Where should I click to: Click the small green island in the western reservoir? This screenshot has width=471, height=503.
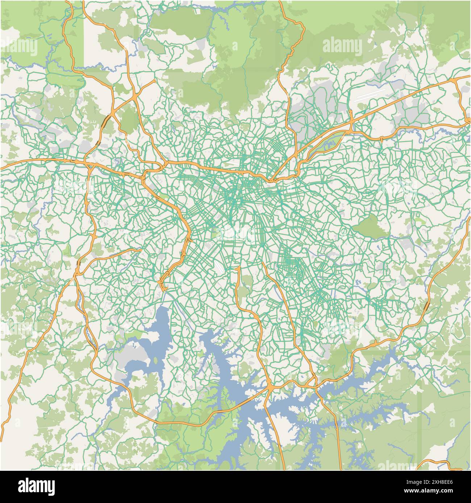tap(156, 361)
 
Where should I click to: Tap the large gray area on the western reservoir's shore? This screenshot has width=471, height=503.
tap(134, 357)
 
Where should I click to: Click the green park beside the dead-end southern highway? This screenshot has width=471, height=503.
tap(247, 282)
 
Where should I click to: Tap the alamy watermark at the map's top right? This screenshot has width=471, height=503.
tap(341, 46)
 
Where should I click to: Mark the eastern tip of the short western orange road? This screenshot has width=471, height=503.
tap(141, 249)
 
